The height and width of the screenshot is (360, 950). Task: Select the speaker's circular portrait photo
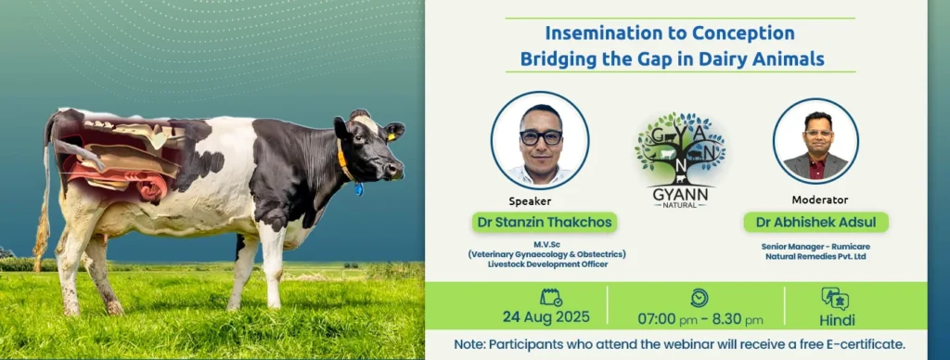(539, 141)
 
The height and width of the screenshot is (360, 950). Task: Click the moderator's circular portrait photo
(815, 141)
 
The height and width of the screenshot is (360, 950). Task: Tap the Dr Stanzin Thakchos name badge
(544, 222)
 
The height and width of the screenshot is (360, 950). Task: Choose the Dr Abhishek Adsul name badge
(815, 222)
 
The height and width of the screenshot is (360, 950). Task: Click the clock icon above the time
(700, 298)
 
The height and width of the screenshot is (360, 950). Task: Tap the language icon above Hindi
(835, 298)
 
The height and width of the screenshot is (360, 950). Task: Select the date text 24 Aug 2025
(546, 317)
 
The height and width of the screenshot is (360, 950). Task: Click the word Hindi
(837, 320)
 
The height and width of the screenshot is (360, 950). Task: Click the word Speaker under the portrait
(530, 202)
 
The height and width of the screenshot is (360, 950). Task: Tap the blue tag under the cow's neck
(359, 189)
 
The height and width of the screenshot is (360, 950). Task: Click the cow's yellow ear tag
(391, 137)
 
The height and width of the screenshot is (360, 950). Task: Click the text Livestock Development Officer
(546, 264)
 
